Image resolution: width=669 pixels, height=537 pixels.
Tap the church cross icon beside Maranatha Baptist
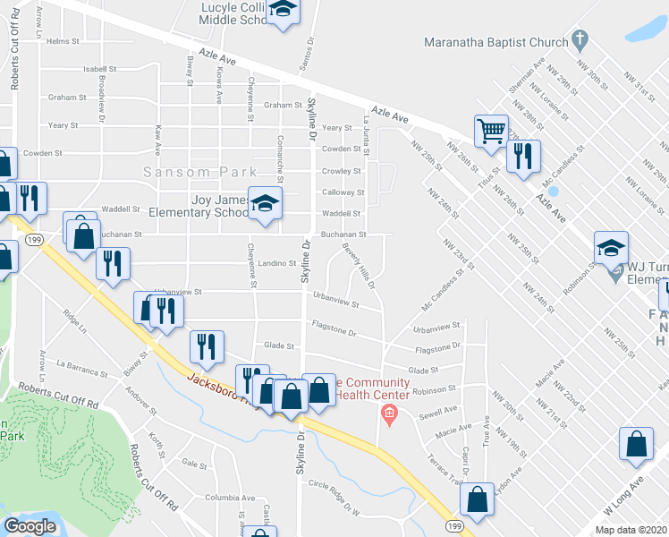coord(580,39)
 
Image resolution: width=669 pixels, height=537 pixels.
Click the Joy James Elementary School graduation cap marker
coord(265,204)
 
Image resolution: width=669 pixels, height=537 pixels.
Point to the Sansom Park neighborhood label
coord(200,172)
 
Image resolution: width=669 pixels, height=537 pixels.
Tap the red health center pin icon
coord(387,413)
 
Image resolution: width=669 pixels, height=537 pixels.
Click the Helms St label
coord(64,41)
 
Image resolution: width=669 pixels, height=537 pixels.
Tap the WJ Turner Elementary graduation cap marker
coord(611,248)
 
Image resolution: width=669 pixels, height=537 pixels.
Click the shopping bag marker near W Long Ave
coord(635,446)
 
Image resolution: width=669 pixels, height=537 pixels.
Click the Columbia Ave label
coord(229,498)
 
